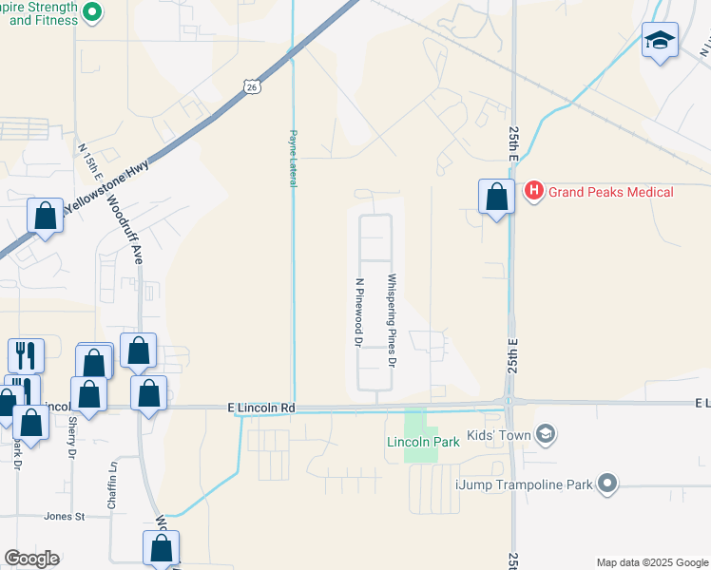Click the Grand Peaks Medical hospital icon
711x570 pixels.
coord(533,192)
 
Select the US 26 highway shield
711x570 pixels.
coord(251,87)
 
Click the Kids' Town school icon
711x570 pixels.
coord(545,434)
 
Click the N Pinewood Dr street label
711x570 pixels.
coord(358,311)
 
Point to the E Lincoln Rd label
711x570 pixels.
coord(263,408)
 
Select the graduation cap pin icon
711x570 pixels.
coord(660,41)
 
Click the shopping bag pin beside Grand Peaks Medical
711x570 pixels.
coord(496,198)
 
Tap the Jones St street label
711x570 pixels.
coord(65,517)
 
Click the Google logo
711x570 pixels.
coord(31,559)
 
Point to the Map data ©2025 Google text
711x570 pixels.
coord(651,562)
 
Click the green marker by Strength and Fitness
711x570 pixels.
coord(92,12)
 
